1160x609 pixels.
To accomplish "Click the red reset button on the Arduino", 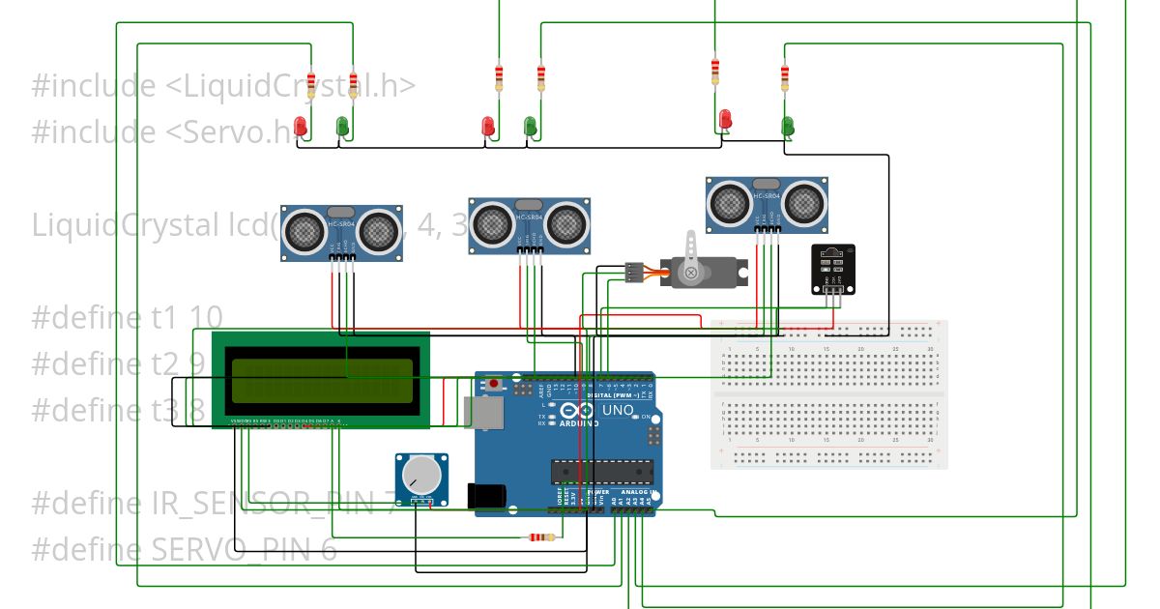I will point(495,384).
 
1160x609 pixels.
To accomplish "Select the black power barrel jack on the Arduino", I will point(485,496).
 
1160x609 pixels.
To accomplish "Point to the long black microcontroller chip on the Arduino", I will point(602,471).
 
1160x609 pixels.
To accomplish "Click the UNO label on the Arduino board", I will point(618,411).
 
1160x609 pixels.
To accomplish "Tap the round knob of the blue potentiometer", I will point(421,475).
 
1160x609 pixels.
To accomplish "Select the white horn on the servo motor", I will point(690,256).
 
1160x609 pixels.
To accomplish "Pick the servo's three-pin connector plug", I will point(633,272).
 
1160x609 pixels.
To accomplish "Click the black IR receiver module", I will point(832,269).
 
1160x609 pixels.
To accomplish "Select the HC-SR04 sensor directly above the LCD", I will point(341,233).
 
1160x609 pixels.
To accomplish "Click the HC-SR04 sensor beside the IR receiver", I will point(768,204).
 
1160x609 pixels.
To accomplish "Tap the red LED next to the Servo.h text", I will point(301,126).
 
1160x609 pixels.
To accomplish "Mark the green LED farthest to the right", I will point(788,125).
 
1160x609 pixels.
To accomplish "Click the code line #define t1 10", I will point(127,317).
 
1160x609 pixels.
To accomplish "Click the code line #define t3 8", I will point(118,410).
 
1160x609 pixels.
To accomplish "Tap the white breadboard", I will point(829,394).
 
